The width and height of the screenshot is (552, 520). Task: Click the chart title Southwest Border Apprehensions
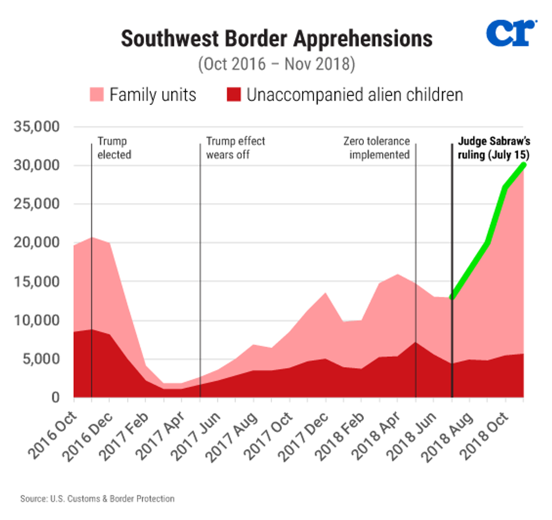[277, 38]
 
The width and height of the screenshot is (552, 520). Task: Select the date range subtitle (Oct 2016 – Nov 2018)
[276, 64]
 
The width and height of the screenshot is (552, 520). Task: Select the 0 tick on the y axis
[55, 397]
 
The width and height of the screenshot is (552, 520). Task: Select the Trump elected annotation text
[114, 147]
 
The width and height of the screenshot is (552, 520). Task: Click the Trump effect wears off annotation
[235, 147]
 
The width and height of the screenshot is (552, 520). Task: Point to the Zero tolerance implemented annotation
[379, 147]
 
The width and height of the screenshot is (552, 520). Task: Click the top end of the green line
[523, 164]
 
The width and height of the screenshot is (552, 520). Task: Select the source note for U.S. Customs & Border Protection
[97, 499]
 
